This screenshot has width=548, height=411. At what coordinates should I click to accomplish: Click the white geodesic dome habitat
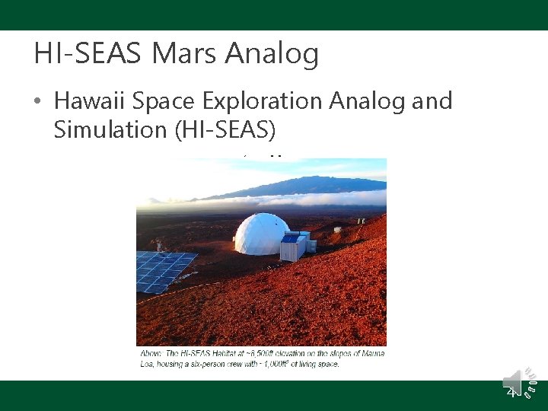261,234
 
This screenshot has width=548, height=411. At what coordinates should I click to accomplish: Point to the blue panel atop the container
291,238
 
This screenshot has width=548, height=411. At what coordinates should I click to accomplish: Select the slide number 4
511,391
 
